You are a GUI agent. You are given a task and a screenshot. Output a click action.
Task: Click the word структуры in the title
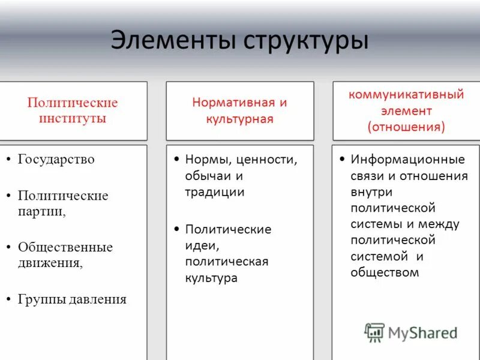pyautogui.click(x=305, y=41)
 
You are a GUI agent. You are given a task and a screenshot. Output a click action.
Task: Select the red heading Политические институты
pyautogui.click(x=73, y=110)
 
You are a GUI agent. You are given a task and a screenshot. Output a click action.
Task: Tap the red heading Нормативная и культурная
pyautogui.click(x=239, y=110)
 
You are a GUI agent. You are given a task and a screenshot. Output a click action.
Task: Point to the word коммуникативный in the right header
pyautogui.click(x=406, y=94)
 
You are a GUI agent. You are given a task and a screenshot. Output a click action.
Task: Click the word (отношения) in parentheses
pyautogui.click(x=406, y=127)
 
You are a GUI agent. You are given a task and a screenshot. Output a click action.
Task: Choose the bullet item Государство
pyautogui.click(x=56, y=160)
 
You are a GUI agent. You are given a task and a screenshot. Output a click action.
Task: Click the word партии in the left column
pyautogui.click(x=41, y=211)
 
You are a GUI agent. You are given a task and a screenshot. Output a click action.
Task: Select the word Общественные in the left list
pyautogui.click(x=65, y=247)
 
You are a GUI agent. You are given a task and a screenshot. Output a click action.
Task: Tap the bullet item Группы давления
pyautogui.click(x=72, y=299)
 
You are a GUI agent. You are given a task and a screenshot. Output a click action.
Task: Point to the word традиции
pyautogui.click(x=214, y=192)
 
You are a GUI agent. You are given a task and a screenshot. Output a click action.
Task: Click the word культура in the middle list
pyautogui.click(x=211, y=278)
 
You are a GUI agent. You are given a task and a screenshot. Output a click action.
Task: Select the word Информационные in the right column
pyautogui.click(x=408, y=160)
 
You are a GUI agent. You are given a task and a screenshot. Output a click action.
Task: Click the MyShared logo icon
pyautogui.click(x=375, y=332)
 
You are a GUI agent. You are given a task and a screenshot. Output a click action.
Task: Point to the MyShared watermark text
pyautogui.click(x=422, y=332)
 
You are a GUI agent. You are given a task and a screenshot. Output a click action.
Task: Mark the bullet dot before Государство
pyautogui.click(x=9, y=160)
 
